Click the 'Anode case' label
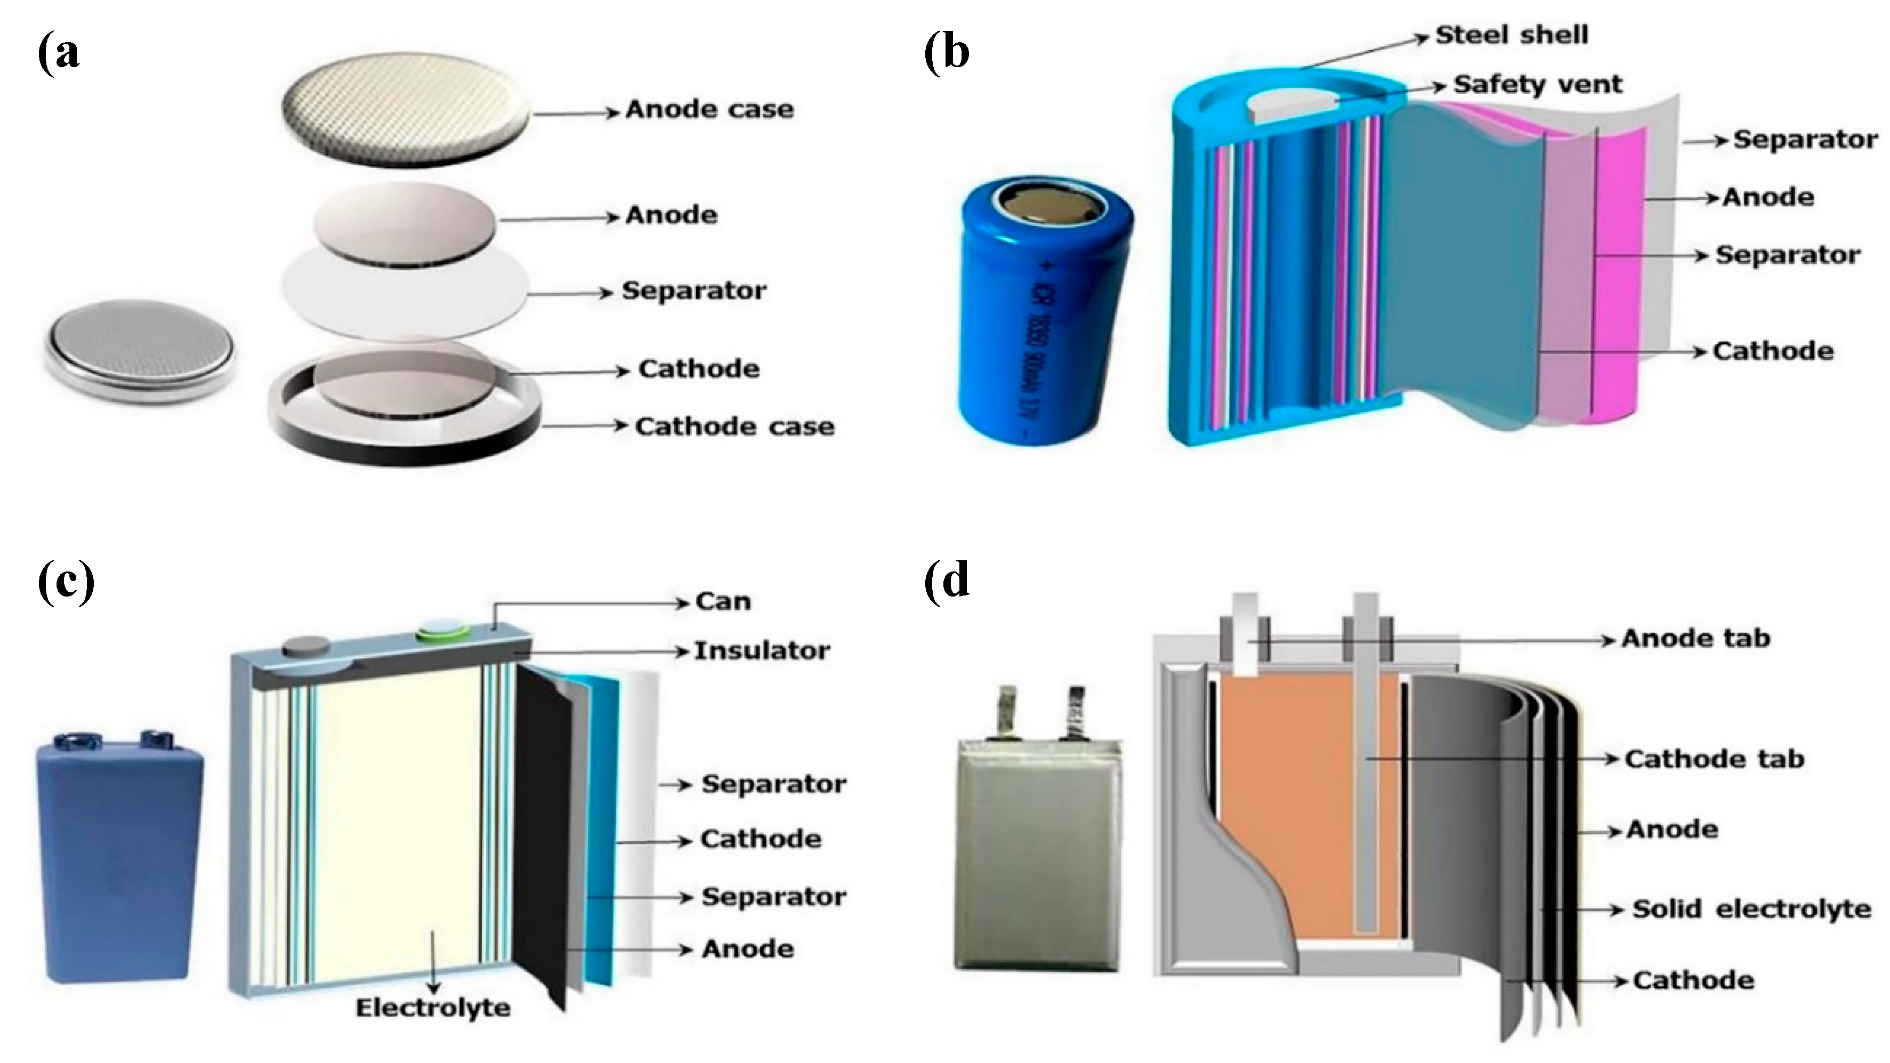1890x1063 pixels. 709,109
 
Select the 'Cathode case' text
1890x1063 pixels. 734,426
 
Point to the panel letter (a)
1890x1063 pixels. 59,53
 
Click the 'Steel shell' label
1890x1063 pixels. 1511,35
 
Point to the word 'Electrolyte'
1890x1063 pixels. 433,1007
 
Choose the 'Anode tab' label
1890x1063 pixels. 1695,638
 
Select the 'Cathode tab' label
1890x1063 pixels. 1714,759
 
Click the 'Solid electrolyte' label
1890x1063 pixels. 1751,909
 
